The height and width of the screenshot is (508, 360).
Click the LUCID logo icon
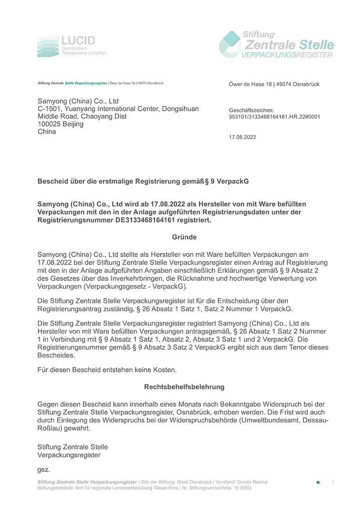pos(48,46)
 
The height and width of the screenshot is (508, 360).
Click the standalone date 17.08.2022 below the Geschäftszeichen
pos(242,137)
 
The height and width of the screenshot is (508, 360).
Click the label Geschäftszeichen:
pos(251,110)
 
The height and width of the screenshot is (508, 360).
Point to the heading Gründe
pos(184,237)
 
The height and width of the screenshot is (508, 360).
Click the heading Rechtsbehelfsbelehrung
pos(184,387)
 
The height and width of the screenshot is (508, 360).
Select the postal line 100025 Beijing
pos(61,124)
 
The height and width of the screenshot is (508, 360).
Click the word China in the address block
pos(47,132)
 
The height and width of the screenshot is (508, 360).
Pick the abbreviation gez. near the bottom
pos(43,470)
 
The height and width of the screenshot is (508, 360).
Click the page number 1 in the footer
pos(333,482)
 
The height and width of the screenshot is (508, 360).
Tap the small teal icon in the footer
pos(318,482)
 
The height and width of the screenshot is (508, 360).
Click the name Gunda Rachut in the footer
pos(252,482)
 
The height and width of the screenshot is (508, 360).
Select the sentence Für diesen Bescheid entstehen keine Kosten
pos(107,370)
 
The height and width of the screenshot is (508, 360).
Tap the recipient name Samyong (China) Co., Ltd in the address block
pos(78,101)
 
